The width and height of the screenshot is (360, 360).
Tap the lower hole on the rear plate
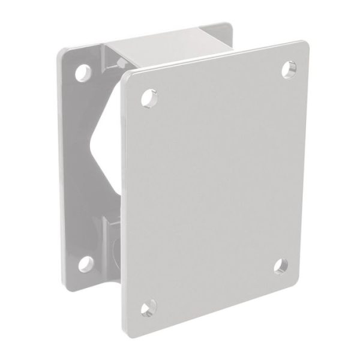point(85,262)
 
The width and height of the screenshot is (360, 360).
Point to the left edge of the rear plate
point(60,168)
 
